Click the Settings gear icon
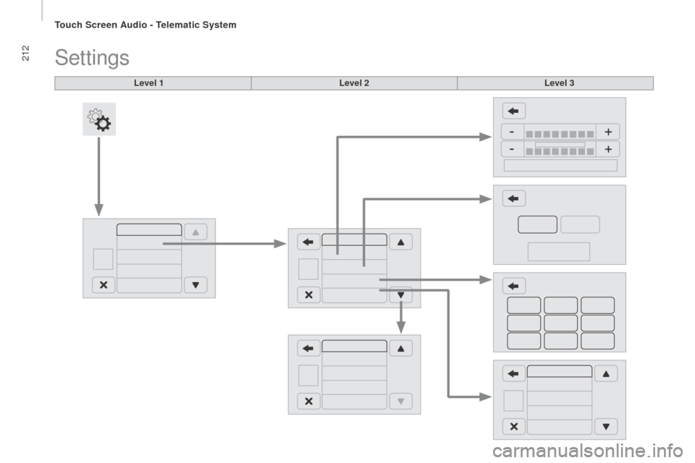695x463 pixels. [x=99, y=119]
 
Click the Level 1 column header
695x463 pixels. [x=148, y=83]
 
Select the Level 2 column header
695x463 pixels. [x=354, y=83]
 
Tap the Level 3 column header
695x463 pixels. [x=560, y=83]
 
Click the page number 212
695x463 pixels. [x=25, y=53]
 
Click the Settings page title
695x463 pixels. [x=92, y=58]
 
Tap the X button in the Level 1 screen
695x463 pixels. [x=104, y=285]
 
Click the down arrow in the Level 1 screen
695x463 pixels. [x=195, y=285]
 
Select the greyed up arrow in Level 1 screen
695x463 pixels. [x=195, y=232]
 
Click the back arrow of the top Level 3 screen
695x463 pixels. [x=514, y=111]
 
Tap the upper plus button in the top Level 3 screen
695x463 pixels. [x=608, y=132]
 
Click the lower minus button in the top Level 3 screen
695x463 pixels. [x=512, y=149]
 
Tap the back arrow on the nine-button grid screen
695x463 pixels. [x=514, y=286]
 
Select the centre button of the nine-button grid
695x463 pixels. [x=560, y=323]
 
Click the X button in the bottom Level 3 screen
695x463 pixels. [x=514, y=426]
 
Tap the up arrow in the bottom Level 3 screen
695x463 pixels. [x=606, y=373]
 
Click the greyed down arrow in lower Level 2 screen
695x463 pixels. [x=400, y=402]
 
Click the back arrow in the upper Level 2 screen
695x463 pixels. [x=308, y=242]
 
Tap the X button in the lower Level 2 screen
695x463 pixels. [x=308, y=402]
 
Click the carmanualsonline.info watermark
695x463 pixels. [x=588, y=451]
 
